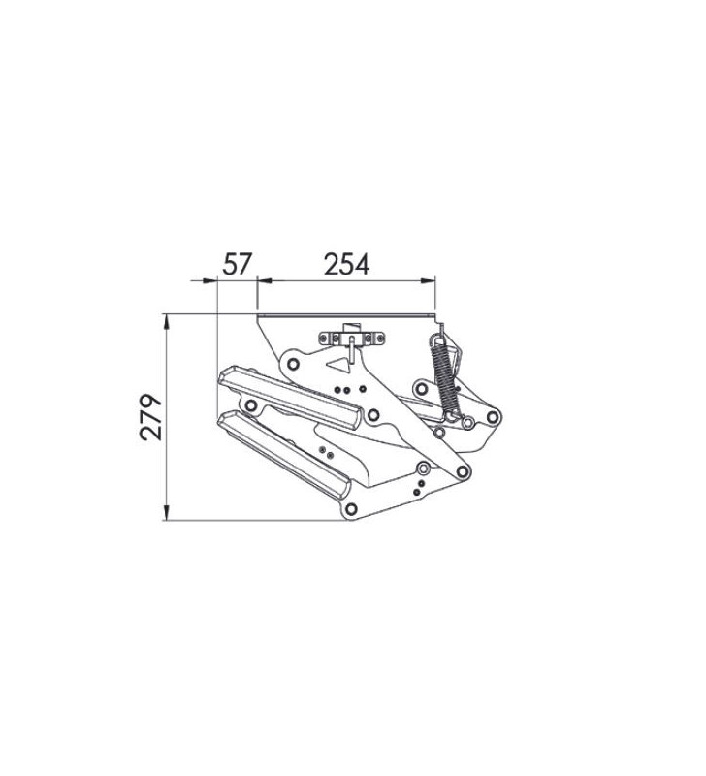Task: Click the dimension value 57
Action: [x=237, y=264]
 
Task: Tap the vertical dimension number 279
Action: [x=150, y=417]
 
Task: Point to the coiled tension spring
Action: [x=442, y=373]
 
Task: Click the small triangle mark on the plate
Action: [x=337, y=366]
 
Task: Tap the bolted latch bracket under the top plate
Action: [x=351, y=338]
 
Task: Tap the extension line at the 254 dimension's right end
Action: [x=433, y=296]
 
